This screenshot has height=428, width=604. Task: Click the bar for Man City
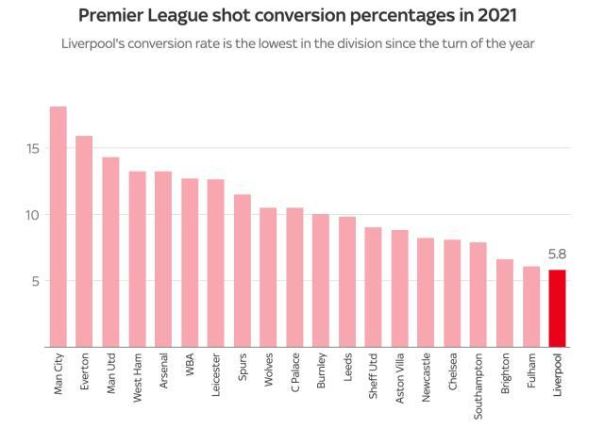[58, 226]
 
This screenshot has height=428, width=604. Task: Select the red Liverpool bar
[557, 308]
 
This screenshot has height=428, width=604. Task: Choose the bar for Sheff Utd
[374, 287]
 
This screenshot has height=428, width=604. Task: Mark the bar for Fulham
[531, 306]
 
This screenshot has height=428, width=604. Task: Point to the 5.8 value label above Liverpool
[557, 254]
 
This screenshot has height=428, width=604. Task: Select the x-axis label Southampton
[479, 387]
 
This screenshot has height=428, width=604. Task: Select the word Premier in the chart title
[113, 16]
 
